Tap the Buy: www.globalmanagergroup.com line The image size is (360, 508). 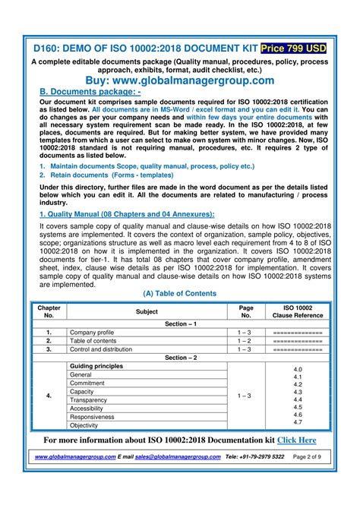tap(180, 80)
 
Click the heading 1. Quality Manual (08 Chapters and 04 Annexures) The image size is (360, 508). tap(127, 215)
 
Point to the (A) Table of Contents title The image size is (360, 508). tap(180, 293)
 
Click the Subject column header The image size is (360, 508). tap(147, 311)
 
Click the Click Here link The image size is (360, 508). tap(297, 440)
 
